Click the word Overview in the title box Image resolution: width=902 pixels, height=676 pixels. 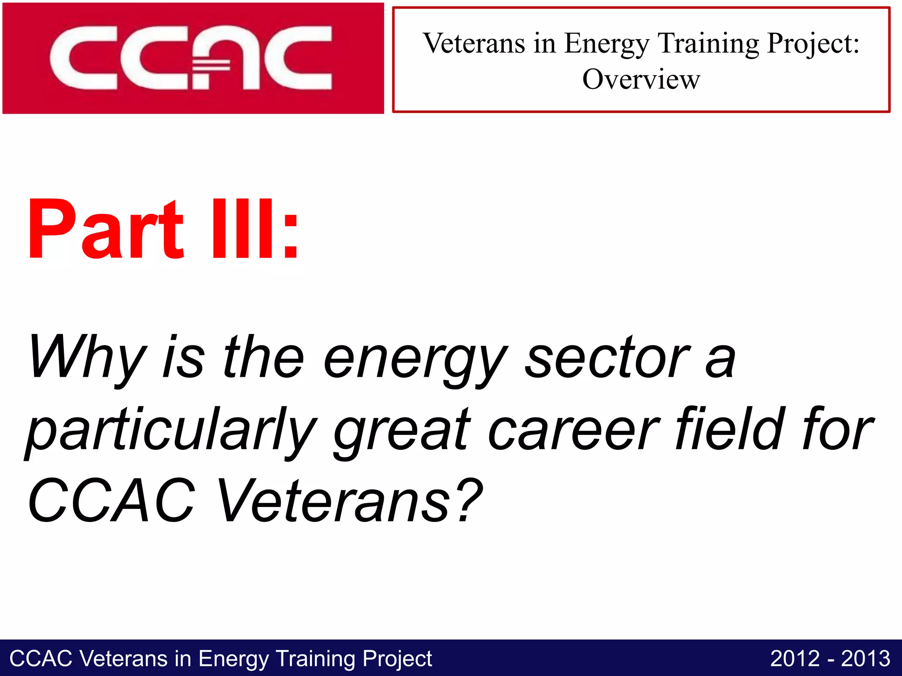coord(641,80)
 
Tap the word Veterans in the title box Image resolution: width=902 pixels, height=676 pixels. coord(474,44)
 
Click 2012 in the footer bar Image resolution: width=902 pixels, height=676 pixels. coord(795,658)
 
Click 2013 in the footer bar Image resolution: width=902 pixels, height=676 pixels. coord(865,658)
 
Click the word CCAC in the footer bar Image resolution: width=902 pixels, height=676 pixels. coord(41,659)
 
